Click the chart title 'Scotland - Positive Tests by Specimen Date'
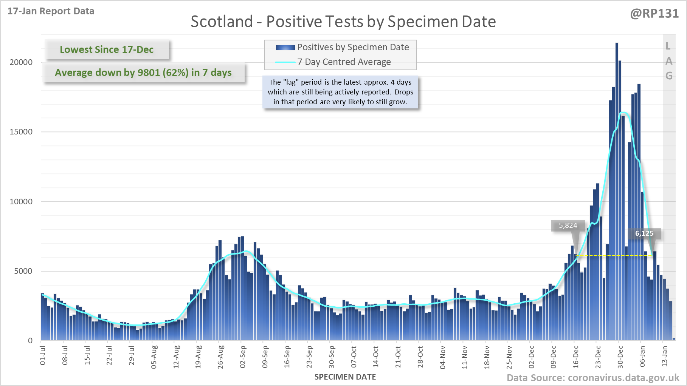(343, 22)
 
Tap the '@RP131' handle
(654, 14)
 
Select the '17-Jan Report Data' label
(51, 11)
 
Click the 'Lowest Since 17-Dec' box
(107, 49)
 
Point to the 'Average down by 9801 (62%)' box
(143, 73)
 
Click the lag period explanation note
(340, 92)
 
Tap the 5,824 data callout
(568, 225)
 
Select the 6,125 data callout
(644, 233)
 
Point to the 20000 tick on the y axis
(21, 62)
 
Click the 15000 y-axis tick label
(21, 132)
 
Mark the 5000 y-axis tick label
(23, 271)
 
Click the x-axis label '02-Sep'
(243, 357)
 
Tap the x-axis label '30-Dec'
(620, 357)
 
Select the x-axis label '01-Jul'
(43, 355)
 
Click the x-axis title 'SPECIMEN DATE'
(345, 377)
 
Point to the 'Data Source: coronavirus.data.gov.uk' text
(592, 378)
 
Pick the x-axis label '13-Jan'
(665, 357)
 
